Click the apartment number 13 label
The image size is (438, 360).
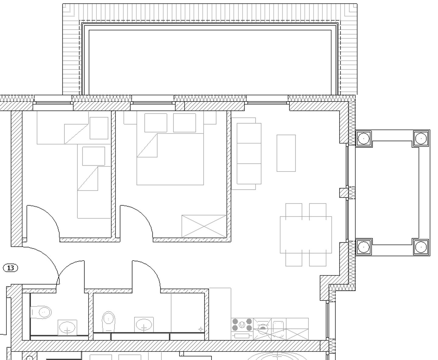[10, 268]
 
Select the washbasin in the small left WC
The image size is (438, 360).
[67, 328]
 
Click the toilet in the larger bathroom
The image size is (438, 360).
[109, 321]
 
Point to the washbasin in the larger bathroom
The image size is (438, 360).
[144, 325]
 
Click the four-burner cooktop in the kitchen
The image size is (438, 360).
[242, 325]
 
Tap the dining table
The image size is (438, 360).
[306, 234]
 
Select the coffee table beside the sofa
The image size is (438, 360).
[286, 153]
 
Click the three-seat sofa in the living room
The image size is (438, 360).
[249, 154]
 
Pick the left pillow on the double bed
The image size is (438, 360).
[156, 123]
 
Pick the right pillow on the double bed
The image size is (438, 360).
[184, 123]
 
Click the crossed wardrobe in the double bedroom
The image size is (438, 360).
[204, 226]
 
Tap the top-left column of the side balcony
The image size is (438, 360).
[363, 139]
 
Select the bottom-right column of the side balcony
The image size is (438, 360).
[421, 247]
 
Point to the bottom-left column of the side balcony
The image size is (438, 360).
[363, 247]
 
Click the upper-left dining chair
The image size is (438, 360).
[294, 210]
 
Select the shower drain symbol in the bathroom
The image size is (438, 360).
[200, 329]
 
